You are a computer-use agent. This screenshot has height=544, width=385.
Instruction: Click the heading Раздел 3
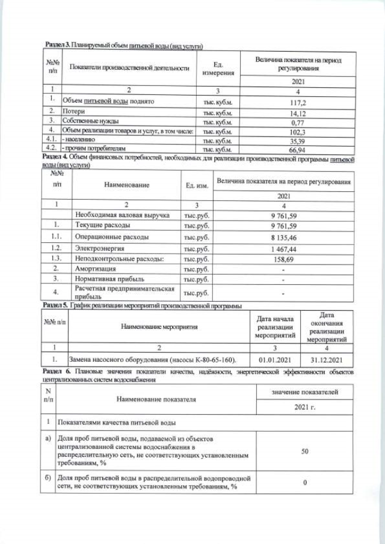pos(58,46)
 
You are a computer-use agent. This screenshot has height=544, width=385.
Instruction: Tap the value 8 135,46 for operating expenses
pos(282,236)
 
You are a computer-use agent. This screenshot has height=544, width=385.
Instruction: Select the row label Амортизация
pos(95,268)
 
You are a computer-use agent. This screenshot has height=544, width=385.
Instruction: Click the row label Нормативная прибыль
pos(108,279)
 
